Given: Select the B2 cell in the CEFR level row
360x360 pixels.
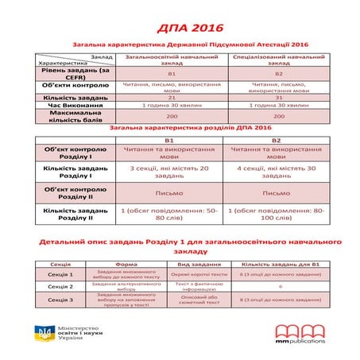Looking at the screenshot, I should tap(278, 73).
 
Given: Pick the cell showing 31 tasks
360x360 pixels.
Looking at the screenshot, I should tap(278, 96).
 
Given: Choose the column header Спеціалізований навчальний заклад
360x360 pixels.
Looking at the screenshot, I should tap(278, 60).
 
